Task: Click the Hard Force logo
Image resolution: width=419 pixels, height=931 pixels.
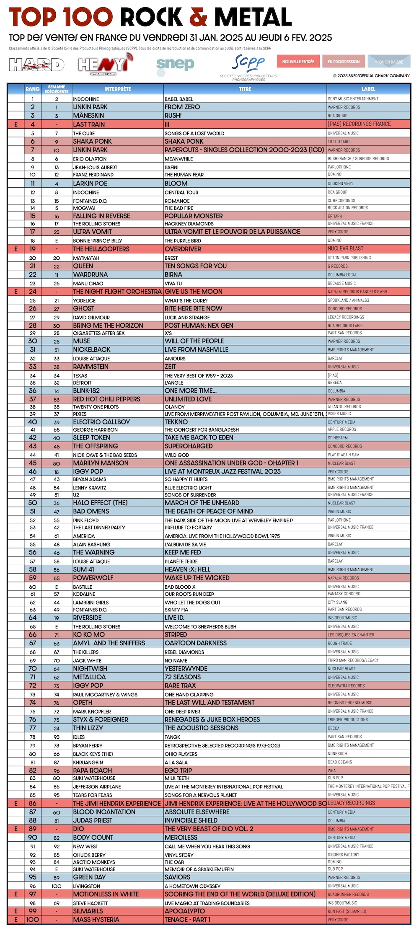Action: (37, 65)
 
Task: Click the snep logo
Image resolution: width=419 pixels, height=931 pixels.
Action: (175, 65)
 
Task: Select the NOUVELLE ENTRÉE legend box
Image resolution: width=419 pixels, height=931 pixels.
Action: (298, 62)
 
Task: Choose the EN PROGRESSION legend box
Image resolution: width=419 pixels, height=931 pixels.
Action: (344, 62)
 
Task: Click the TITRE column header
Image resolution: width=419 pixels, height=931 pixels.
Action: (245, 89)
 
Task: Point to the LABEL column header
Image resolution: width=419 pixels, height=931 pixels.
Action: (368, 89)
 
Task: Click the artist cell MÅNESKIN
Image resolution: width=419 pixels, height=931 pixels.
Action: (88, 115)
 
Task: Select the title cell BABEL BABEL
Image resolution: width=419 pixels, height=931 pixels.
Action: (179, 99)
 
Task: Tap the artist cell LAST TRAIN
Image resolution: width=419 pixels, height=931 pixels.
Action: (89, 124)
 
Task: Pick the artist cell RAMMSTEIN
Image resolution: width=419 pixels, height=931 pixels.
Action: (91, 367)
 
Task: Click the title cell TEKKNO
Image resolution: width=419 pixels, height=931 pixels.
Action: (176, 422)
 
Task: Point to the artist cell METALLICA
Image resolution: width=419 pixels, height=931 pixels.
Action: (89, 677)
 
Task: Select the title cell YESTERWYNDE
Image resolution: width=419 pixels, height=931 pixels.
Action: (186, 669)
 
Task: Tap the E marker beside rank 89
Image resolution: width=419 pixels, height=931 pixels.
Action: (16, 829)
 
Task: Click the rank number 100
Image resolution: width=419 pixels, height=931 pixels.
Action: (33, 920)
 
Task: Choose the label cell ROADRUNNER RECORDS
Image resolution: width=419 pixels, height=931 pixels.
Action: (348, 895)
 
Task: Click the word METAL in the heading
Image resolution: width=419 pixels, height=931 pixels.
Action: (253, 18)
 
